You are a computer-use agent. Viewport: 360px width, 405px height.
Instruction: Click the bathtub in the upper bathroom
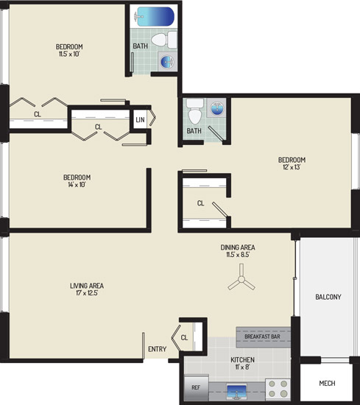pos(154,16)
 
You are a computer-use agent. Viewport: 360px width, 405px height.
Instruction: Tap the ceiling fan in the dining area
pos(241,279)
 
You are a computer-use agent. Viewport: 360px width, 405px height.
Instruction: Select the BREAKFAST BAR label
pos(262,337)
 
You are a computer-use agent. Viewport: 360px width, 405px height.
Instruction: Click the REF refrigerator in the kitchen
pos(197,387)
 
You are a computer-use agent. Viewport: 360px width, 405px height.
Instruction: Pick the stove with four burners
pos(278,389)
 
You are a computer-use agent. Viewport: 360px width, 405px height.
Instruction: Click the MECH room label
pos(327,384)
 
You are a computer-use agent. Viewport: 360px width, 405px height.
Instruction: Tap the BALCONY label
pos(328,297)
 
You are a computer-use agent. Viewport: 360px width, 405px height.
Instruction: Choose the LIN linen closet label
pos(140,119)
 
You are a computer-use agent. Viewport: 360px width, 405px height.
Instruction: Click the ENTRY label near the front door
pos(158,349)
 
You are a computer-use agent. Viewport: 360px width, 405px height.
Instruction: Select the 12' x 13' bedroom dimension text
pos(292,167)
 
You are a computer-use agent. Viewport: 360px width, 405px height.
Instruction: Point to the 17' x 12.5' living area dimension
pos(87,293)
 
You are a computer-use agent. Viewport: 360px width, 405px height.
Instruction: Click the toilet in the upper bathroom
pos(164,40)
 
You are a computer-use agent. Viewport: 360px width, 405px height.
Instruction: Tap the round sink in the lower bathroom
pos(216,108)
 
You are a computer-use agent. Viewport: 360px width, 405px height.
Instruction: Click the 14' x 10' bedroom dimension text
pos(77,185)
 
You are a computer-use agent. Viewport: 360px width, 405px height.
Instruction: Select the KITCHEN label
pos(242,360)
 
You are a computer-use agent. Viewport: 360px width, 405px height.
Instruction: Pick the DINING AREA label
pos(238,247)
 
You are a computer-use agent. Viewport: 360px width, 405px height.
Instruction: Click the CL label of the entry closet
pos(184,337)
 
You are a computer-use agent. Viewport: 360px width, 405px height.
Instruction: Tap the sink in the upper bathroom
pos(167,61)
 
